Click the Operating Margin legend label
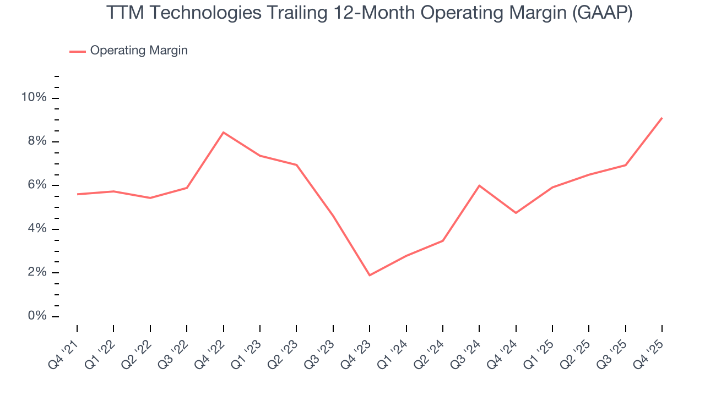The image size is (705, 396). coord(139,51)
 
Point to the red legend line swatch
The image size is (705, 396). coord(77,51)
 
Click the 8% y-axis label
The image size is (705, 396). coord(37,141)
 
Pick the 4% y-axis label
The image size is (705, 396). coord(37,229)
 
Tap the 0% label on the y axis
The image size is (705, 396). coord(37,316)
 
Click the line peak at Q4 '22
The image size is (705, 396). coord(223,132)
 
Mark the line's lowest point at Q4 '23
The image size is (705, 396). coord(370,275)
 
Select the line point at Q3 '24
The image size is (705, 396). coord(479,185)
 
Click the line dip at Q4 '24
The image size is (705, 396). coord(516,213)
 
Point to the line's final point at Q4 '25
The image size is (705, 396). coord(662,118)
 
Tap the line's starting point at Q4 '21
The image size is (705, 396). coord(77,194)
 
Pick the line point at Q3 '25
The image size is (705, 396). coord(626,165)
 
